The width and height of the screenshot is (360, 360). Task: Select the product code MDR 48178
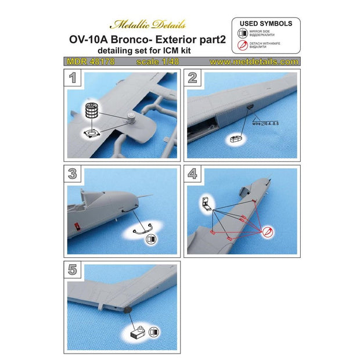(x=85, y=61)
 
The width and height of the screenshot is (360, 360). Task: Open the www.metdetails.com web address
(x=254, y=61)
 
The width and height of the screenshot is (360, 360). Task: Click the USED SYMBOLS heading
(x=266, y=24)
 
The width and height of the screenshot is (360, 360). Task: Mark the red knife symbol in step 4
(x=267, y=232)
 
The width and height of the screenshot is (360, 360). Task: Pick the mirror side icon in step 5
(x=153, y=333)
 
